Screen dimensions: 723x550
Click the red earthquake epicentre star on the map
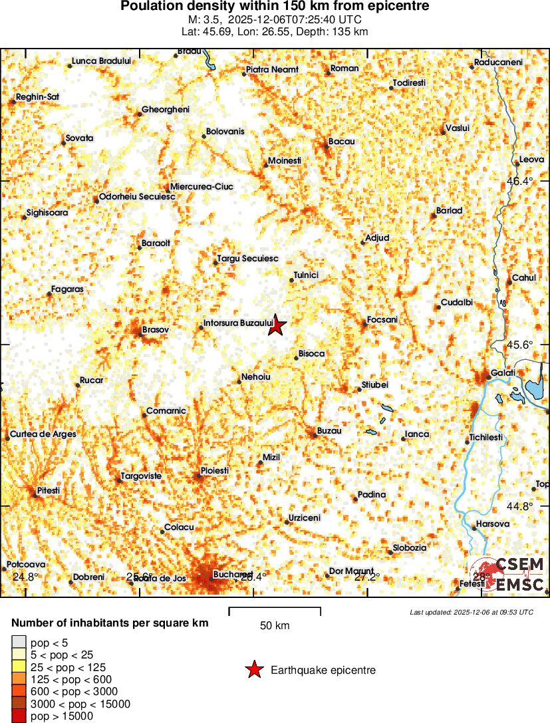coord(277,325)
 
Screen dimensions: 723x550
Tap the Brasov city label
coord(156,329)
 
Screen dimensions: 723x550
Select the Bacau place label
coord(341,142)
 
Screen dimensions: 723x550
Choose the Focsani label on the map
coord(382,320)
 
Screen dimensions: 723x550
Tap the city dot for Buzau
coord(314,436)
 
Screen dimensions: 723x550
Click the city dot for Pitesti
coord(35,494)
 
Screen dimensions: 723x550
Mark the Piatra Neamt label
coord(272,69)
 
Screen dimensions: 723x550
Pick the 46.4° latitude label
coord(520,181)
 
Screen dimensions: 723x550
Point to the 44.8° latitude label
coord(520,506)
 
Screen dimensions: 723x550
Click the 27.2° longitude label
coord(366,577)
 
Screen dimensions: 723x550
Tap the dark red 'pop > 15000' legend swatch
coord(19,716)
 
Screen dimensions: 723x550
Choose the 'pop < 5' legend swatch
coord(19,643)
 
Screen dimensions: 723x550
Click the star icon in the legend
coord(254,670)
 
